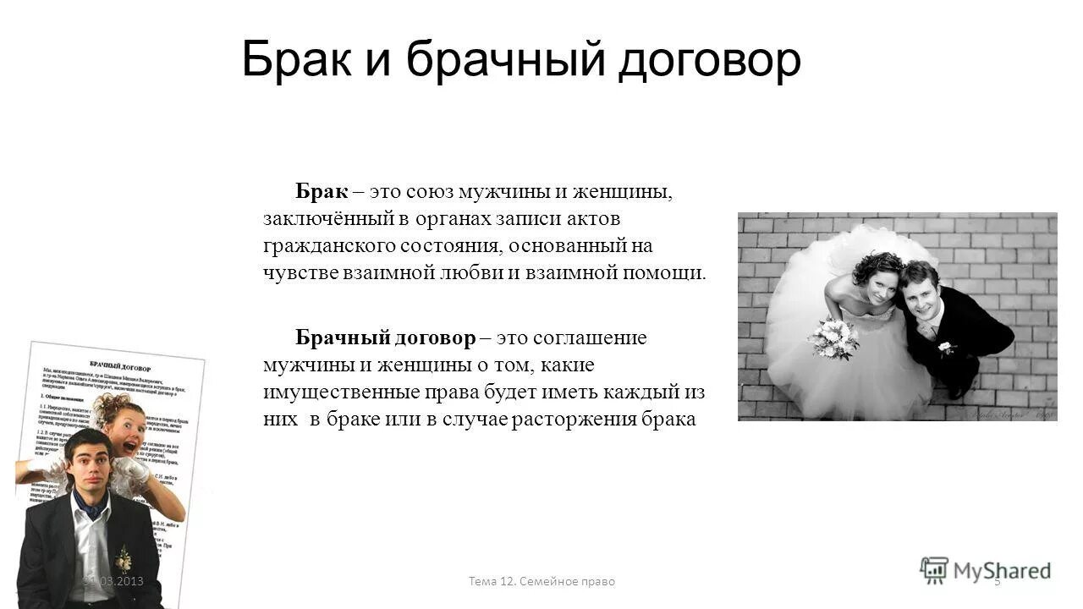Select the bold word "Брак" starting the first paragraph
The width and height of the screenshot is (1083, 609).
tap(322, 192)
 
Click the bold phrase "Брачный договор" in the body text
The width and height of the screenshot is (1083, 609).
tap(386, 338)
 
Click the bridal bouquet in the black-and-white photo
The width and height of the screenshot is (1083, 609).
tap(833, 337)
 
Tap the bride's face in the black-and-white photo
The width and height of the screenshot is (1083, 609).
tap(877, 286)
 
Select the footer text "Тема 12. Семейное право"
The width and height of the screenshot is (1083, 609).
tap(541, 582)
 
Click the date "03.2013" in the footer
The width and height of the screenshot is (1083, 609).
tap(120, 582)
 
